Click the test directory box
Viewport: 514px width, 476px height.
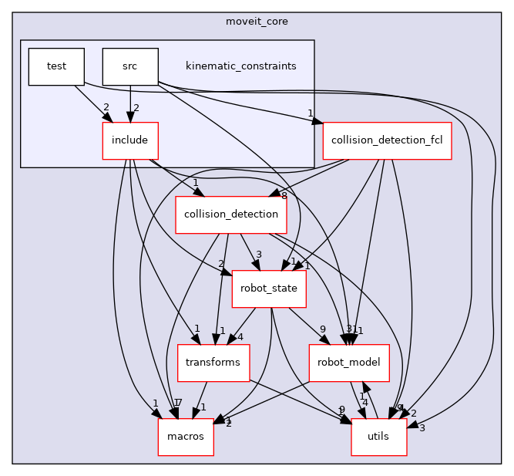click(x=56, y=66)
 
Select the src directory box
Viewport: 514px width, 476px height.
click(x=130, y=66)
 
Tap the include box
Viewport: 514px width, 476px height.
click(x=130, y=141)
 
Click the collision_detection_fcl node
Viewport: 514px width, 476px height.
click(x=387, y=141)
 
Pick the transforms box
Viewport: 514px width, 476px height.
click(x=213, y=363)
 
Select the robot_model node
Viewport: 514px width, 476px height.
click(x=349, y=363)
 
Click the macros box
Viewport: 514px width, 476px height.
click(x=186, y=437)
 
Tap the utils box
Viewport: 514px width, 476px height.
click(x=380, y=437)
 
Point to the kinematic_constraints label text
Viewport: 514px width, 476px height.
click(x=241, y=66)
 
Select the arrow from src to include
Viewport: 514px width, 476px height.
click(x=130, y=103)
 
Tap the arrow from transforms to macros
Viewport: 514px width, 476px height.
click(x=200, y=400)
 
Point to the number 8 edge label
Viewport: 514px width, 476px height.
click(x=284, y=196)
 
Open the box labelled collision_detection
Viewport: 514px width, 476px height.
click(x=231, y=215)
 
